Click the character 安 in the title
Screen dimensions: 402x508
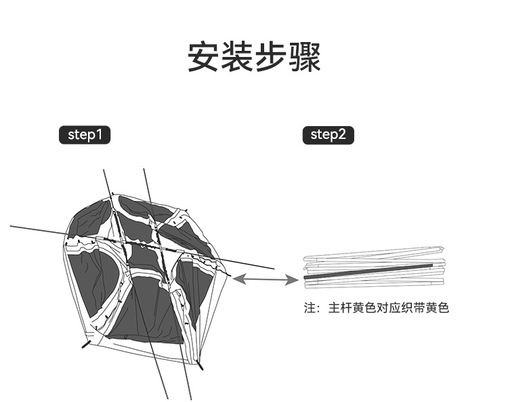[x=203, y=58]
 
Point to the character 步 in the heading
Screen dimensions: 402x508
[x=271, y=58]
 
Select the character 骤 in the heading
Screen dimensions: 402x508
[x=305, y=58]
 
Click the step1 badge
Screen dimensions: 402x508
[x=85, y=135]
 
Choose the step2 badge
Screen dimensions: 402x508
[x=328, y=135]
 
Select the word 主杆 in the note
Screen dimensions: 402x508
[x=341, y=308]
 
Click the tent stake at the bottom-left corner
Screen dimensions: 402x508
[x=86, y=344]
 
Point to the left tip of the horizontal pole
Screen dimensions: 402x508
[x=12, y=226]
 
